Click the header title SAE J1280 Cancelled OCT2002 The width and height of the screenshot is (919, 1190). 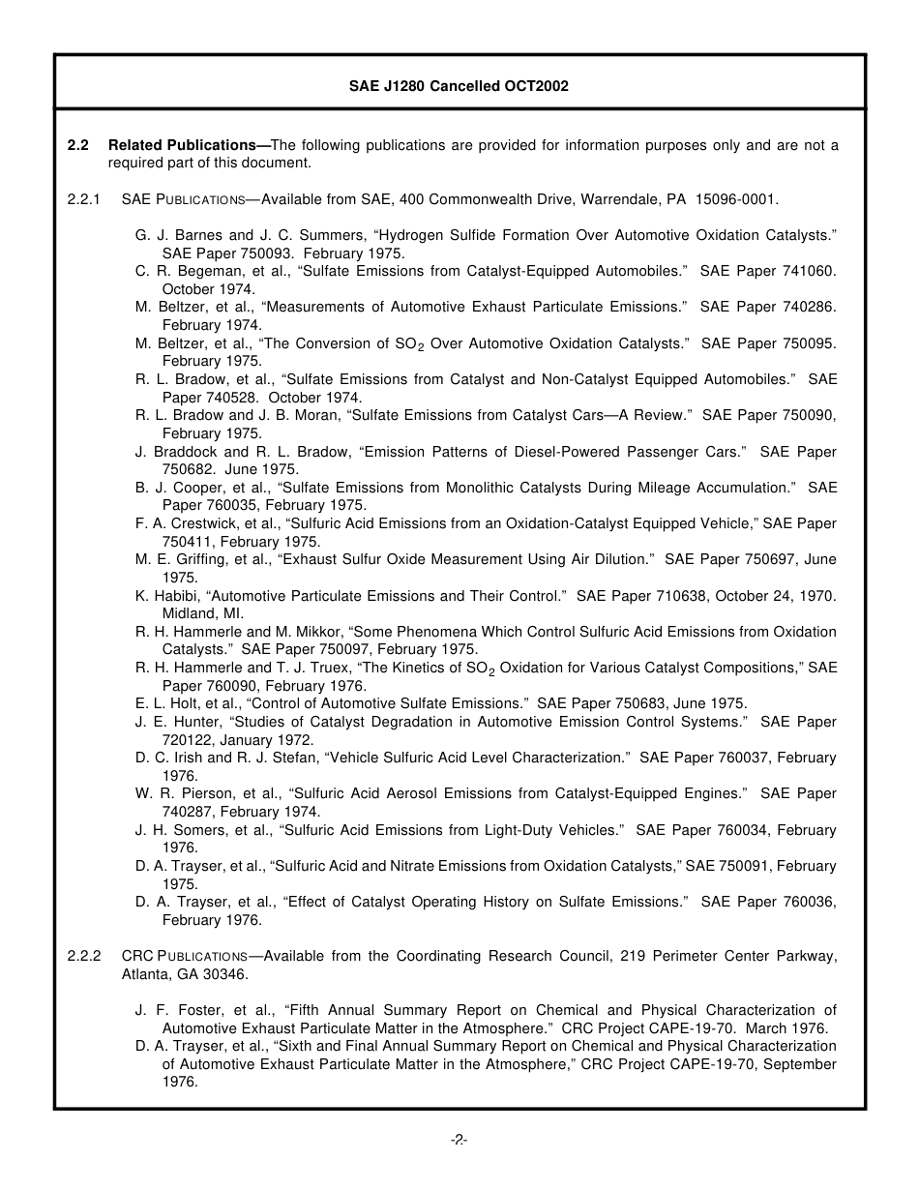(x=459, y=86)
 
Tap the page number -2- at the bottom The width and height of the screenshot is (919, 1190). (x=459, y=1140)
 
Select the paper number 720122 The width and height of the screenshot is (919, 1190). (x=190, y=740)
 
